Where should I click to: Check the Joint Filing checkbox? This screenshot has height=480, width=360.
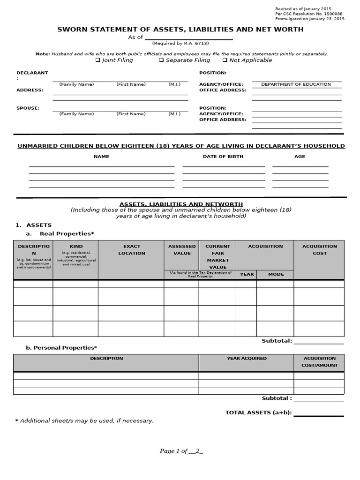click(x=98, y=60)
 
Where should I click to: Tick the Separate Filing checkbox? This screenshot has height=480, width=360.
click(x=161, y=60)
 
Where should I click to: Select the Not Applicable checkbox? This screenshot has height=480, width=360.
click(x=225, y=60)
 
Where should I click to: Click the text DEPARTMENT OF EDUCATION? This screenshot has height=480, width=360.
click(x=296, y=84)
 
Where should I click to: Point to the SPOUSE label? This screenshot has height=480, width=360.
click(x=28, y=108)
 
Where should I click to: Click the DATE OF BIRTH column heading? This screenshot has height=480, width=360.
click(x=223, y=157)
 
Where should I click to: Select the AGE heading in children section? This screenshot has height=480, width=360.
click(x=300, y=157)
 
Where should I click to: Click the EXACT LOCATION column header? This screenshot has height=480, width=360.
click(x=132, y=250)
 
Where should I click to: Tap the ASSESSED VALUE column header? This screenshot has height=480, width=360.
click(x=182, y=250)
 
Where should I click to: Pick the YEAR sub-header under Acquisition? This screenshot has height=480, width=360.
click(x=247, y=274)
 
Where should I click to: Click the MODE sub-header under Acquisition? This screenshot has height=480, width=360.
click(x=276, y=274)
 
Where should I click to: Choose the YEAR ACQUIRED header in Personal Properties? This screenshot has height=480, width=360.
click(x=247, y=358)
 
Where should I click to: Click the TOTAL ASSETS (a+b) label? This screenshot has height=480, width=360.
click(x=258, y=412)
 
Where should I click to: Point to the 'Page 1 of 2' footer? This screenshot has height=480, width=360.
click(x=181, y=451)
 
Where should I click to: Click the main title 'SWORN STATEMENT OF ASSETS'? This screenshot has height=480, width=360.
click(x=180, y=30)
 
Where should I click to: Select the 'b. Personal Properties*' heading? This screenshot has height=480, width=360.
click(x=61, y=347)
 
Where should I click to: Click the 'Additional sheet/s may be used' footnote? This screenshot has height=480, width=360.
click(x=84, y=420)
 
